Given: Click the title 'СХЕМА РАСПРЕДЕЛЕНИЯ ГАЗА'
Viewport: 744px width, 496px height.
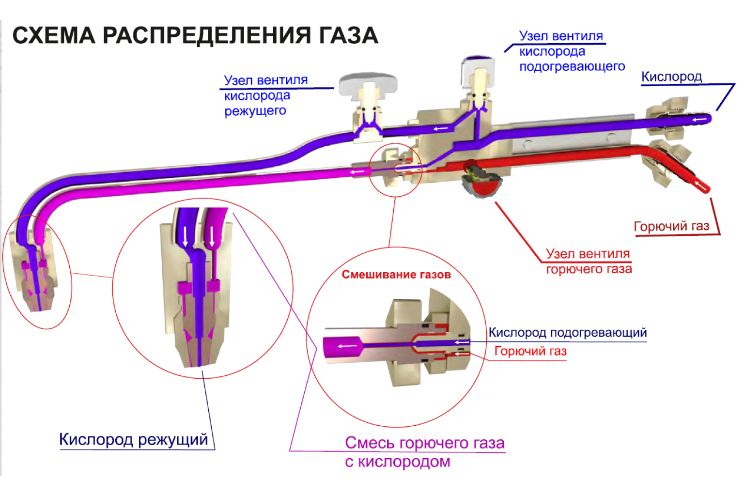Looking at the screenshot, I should [x=195, y=35].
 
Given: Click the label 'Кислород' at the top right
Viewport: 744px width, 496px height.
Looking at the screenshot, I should [x=671, y=77].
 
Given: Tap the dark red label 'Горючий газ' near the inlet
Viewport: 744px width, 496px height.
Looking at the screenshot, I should [x=671, y=226].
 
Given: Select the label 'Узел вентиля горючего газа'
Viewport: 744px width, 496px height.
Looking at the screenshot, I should [x=589, y=261].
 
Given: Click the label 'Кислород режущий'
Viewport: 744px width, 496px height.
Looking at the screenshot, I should [x=133, y=439].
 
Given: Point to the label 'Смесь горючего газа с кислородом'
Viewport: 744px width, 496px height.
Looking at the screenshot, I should [x=424, y=451].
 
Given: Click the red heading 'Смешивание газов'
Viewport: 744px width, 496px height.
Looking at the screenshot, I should [x=396, y=275].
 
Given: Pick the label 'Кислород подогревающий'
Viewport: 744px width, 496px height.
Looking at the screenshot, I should [x=567, y=333].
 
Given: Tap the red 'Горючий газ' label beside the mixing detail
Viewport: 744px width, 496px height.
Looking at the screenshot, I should [x=530, y=351].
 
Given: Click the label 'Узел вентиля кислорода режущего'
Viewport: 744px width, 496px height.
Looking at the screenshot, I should [x=265, y=95].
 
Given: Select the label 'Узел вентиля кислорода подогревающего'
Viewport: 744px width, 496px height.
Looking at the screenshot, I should [x=572, y=51].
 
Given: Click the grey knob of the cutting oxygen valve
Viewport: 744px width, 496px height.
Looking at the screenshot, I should [x=368, y=84].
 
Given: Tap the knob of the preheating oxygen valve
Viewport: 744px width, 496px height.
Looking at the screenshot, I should [x=478, y=66].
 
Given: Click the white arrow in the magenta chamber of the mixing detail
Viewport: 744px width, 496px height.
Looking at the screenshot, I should [x=347, y=346].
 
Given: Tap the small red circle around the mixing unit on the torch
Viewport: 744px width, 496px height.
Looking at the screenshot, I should [x=396, y=170].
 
